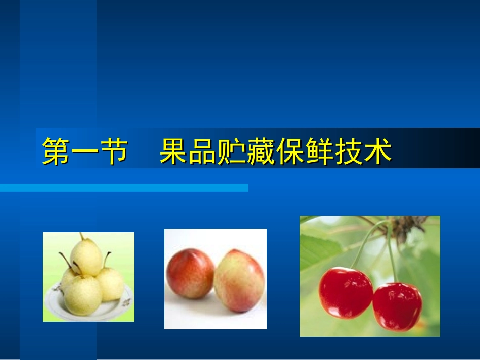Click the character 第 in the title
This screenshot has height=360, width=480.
[x=56, y=151]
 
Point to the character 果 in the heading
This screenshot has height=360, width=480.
[x=173, y=151]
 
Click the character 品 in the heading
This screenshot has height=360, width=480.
[x=202, y=151]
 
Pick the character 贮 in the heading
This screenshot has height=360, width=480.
[x=231, y=151]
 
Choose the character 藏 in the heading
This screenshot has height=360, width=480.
[x=261, y=151]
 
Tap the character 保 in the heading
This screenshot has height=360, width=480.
[x=291, y=151]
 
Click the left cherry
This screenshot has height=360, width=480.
[x=346, y=293]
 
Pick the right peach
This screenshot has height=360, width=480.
[x=239, y=281]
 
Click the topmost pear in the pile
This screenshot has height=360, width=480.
[x=86, y=257]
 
